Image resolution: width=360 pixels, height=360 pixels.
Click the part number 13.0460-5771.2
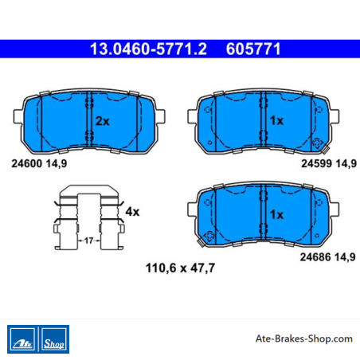point(148,49)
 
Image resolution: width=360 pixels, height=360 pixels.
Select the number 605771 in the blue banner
point(253,49)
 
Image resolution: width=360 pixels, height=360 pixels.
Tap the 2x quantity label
point(103,121)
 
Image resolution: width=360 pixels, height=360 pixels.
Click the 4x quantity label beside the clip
point(132,212)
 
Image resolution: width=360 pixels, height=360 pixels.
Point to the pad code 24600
point(27,163)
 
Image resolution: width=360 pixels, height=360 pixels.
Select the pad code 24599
point(316,163)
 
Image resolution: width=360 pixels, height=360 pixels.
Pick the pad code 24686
point(315,257)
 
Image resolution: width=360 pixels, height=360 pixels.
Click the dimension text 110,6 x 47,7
point(180,268)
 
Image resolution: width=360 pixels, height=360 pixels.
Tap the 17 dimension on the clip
point(88,241)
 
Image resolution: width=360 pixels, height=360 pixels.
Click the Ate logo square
point(22,339)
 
